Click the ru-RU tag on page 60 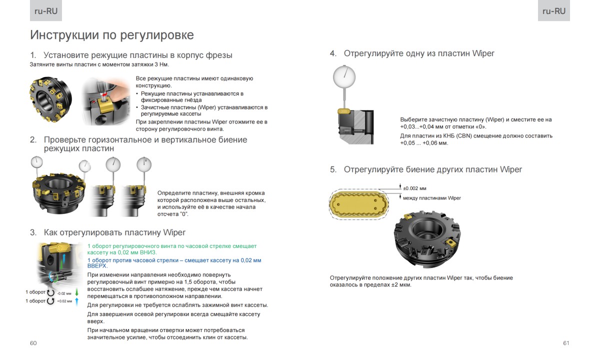(x=46, y=11)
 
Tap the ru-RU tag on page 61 (x=553, y=11)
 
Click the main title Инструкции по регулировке (x=112, y=35)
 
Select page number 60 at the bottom (x=33, y=343)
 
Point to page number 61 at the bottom (x=566, y=343)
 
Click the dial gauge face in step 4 (x=344, y=76)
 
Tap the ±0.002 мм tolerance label (x=414, y=188)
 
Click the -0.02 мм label (x=64, y=293)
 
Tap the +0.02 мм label (x=64, y=301)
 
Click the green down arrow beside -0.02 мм (x=77, y=292)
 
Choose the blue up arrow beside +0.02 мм (x=77, y=301)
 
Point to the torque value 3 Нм (x=161, y=64)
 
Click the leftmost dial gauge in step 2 (x=36, y=162)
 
